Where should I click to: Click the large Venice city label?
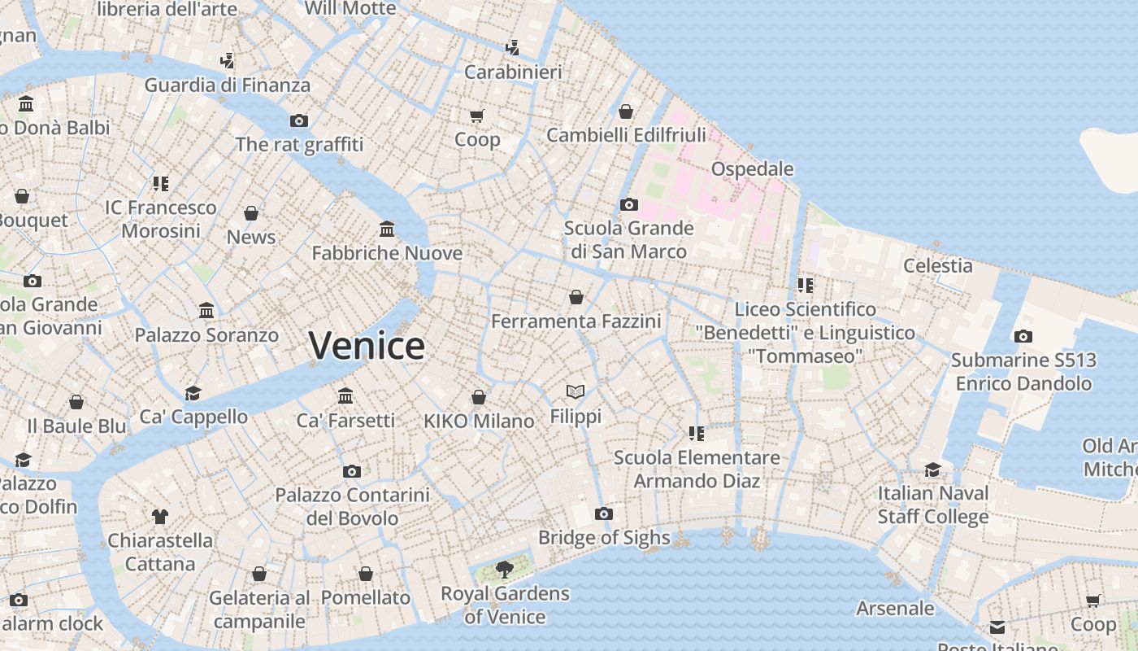[367, 346]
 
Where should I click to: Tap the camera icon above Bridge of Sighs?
[603, 513]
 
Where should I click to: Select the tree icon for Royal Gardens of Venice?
[505, 569]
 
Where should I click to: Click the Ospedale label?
[752, 168]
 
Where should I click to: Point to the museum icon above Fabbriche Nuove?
[387, 229]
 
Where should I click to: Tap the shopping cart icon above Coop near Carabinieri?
[477, 116]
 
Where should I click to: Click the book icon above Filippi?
[576, 392]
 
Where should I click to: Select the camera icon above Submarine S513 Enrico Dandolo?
[1023, 336]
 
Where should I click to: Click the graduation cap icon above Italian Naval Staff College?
[932, 470]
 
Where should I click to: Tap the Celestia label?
[938, 265]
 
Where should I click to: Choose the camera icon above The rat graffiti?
[299, 120]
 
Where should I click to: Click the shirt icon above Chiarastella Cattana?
[160, 516]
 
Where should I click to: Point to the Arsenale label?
[895, 608]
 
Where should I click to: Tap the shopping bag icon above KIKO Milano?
[479, 397]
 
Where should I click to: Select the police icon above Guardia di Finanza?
[228, 60]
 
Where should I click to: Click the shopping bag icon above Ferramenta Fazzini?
[576, 297]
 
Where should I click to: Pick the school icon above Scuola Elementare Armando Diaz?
[696, 433]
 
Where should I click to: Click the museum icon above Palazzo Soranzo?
[206, 311]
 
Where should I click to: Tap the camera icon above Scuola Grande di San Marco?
[628, 204]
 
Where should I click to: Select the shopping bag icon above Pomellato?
[366, 574]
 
